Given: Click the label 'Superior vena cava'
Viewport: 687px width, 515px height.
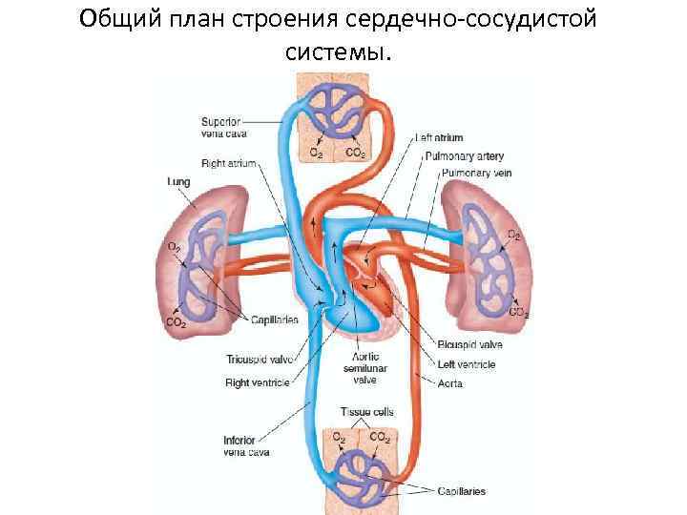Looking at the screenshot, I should (x=221, y=128).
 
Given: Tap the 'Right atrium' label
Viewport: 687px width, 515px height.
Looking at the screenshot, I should (x=229, y=164).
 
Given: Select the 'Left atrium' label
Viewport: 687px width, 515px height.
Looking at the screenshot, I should (x=441, y=138).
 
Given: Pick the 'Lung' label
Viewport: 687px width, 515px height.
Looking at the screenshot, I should (x=178, y=180).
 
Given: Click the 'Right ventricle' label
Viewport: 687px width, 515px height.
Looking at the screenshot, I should (x=258, y=382).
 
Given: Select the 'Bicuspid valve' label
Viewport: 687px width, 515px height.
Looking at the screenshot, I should (x=469, y=344).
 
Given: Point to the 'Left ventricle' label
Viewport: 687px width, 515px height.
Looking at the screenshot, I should (x=468, y=363).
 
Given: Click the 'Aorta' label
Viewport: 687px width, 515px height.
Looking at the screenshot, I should (x=451, y=382).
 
